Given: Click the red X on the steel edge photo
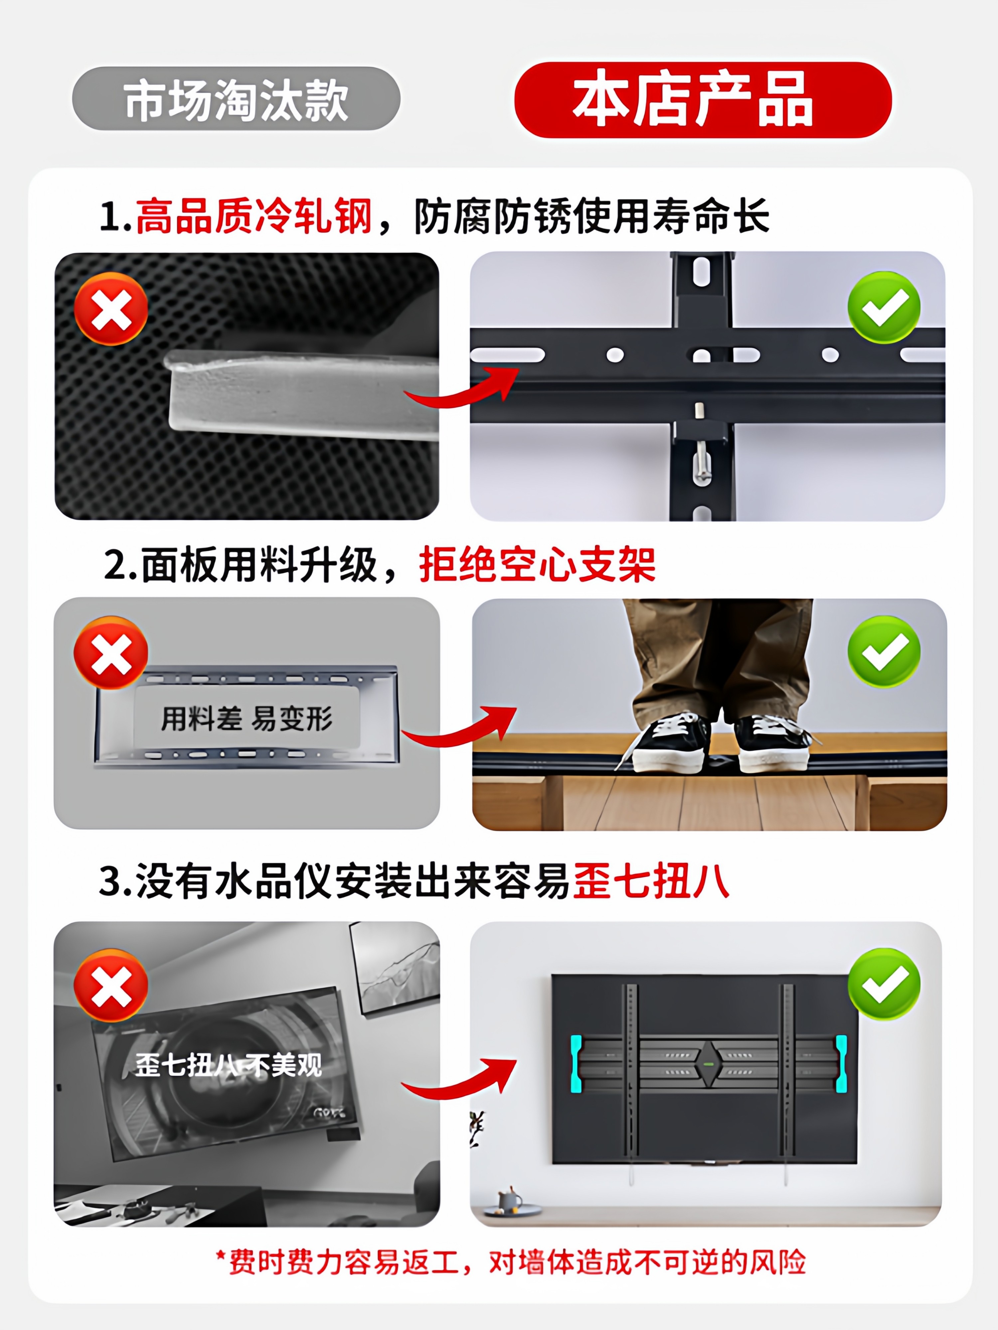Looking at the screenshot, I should (x=111, y=309).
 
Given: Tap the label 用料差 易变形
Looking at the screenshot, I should (x=247, y=719).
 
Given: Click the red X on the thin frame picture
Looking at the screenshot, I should (x=111, y=653).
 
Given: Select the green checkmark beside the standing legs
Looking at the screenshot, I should (x=883, y=651).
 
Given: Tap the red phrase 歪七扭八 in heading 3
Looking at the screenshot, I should (x=651, y=881).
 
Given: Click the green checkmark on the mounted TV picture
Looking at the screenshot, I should (x=883, y=984).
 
